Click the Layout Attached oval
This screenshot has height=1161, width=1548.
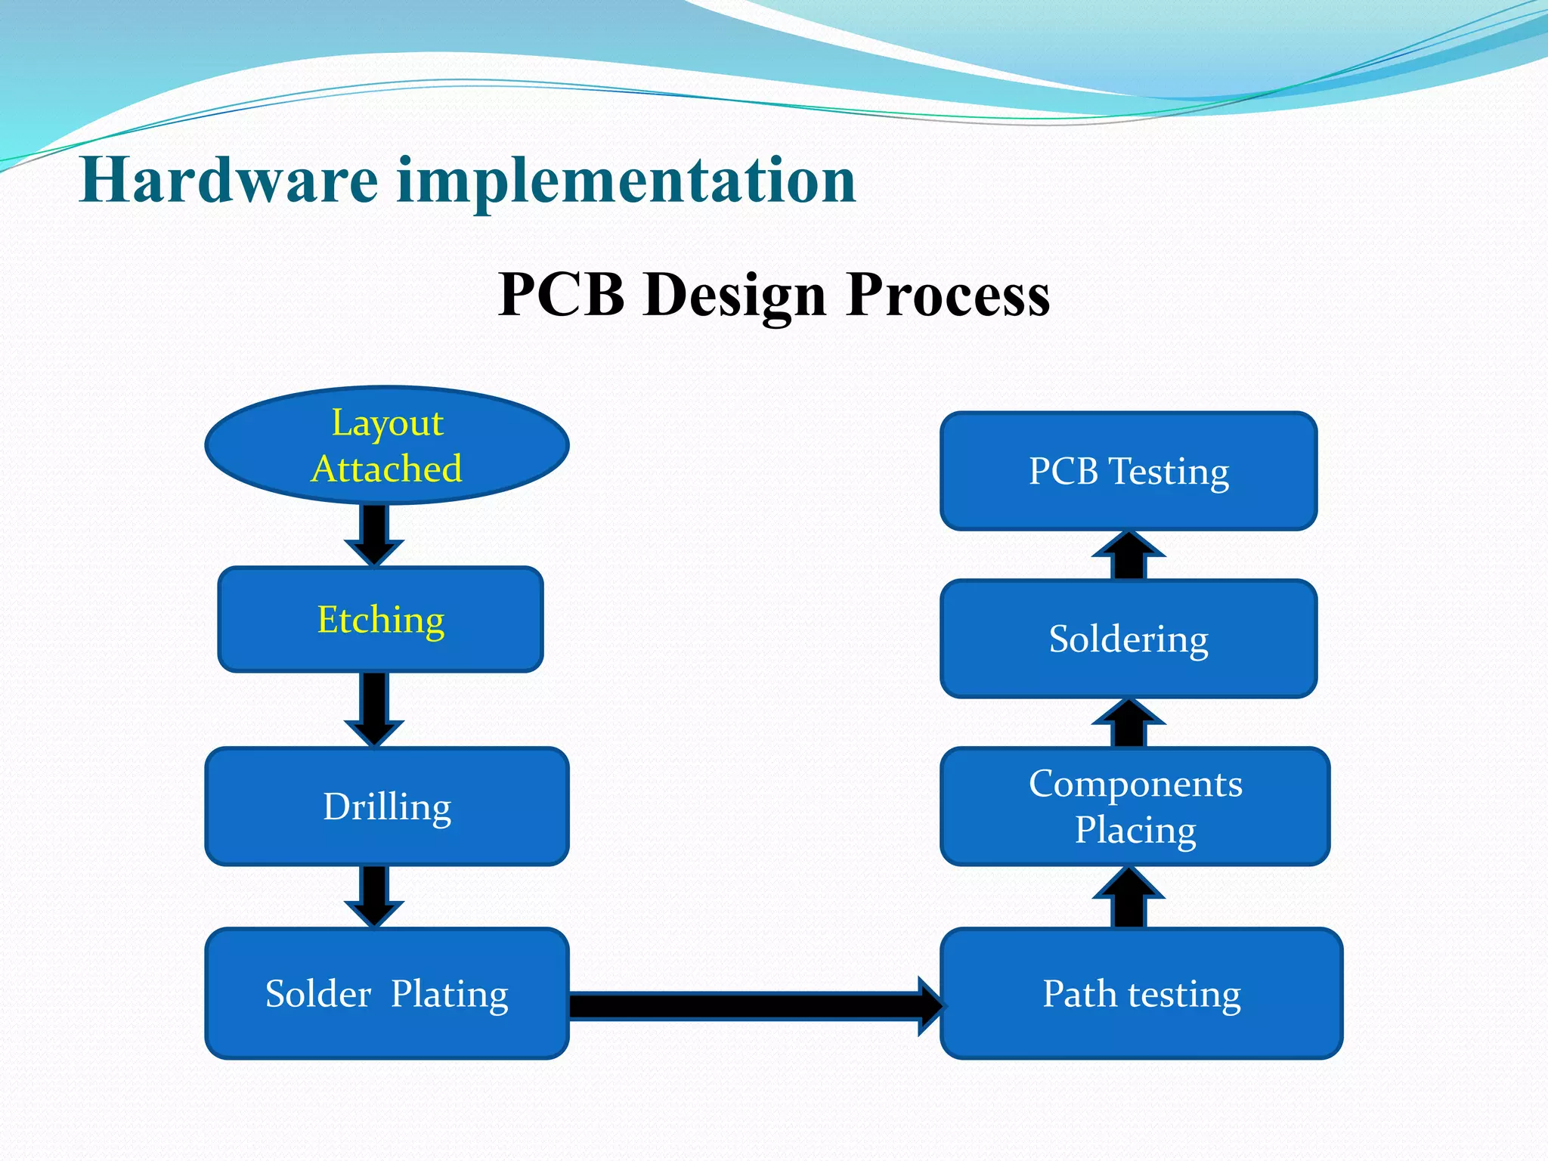click(386, 445)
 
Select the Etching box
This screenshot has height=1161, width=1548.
click(380, 619)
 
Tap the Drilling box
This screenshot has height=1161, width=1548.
click(386, 806)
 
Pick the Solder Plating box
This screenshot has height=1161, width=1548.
click(386, 993)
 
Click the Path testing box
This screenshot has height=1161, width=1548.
click(1141, 993)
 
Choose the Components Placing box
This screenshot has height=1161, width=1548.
click(1135, 806)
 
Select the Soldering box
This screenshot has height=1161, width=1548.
click(1128, 639)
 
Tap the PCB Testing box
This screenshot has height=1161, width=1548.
click(1128, 471)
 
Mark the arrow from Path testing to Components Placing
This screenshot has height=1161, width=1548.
click(1128, 898)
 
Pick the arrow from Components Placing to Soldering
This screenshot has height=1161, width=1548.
click(1128, 723)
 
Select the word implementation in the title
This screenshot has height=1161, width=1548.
click(627, 181)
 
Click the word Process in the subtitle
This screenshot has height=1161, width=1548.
click(948, 295)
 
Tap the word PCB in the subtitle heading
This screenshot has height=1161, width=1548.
click(562, 295)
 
